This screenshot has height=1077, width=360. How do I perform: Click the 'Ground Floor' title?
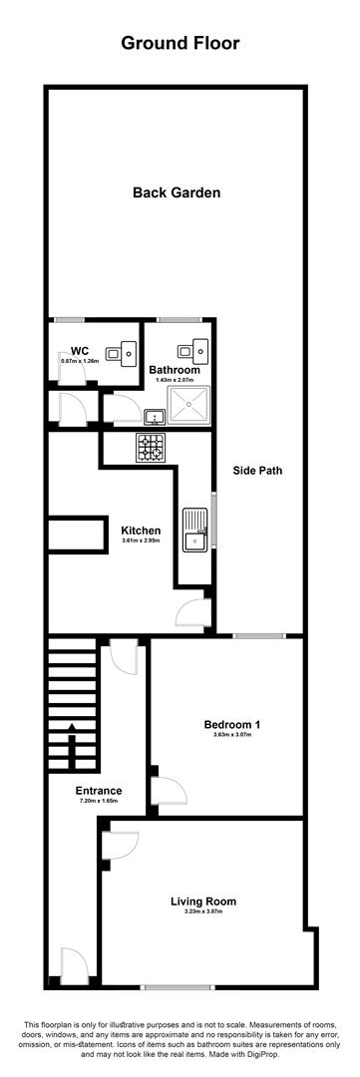pyautogui.click(x=180, y=43)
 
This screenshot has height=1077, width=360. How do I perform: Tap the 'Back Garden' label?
pyautogui.click(x=176, y=193)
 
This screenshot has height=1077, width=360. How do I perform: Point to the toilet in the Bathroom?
pyautogui.click(x=187, y=350)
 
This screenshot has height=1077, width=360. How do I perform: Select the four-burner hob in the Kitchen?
pyautogui.click(x=153, y=449)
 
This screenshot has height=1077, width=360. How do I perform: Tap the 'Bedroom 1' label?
pyautogui.click(x=226, y=724)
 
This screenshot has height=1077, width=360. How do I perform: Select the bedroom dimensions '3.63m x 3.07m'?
pyautogui.click(x=226, y=736)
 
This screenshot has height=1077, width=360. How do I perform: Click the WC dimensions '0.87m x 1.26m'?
pyautogui.click(x=81, y=360)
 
